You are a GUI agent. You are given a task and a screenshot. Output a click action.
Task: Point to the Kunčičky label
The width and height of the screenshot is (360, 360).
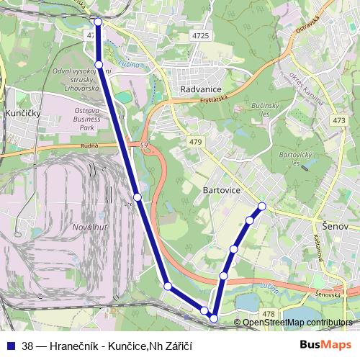[x=21, y=114]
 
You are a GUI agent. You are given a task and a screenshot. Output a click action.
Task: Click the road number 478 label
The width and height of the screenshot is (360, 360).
[x=269, y=313]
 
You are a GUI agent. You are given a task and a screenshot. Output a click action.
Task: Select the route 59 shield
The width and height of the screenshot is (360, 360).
[x=145, y=147]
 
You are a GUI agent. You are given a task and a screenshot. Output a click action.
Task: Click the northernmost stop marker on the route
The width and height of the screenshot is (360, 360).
[x=99, y=22]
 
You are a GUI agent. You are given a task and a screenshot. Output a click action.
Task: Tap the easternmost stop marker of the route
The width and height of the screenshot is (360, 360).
[x=262, y=207]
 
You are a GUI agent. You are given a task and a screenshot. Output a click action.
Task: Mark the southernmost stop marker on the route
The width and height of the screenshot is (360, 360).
[x=214, y=318]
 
